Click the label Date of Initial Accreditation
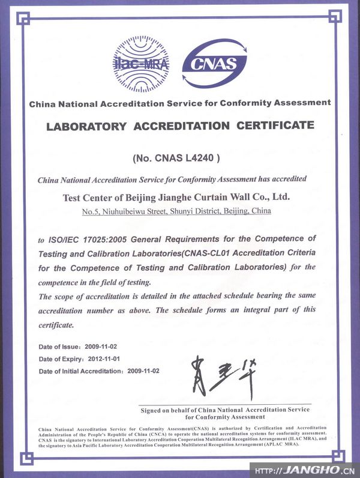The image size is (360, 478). [80, 371]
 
